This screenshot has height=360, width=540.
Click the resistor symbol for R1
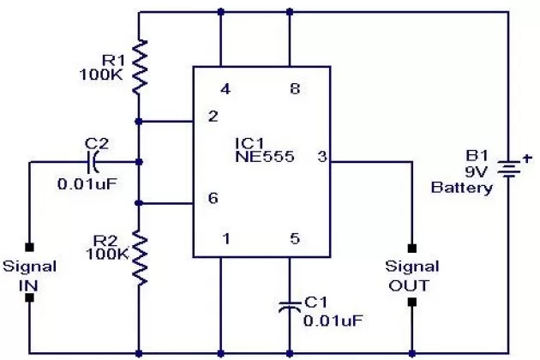coord(138,64)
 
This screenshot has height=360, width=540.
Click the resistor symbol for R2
coord(138,258)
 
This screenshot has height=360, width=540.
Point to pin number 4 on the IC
coord(225,88)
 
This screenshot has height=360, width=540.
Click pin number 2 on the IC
coord(211,117)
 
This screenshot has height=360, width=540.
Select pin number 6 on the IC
coord(211,197)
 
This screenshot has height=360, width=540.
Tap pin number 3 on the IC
coord(321,157)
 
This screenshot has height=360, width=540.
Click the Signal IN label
coord(27,273)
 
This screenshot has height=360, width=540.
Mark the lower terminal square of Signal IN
coord(28,298)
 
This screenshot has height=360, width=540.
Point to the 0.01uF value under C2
coord(85,183)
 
